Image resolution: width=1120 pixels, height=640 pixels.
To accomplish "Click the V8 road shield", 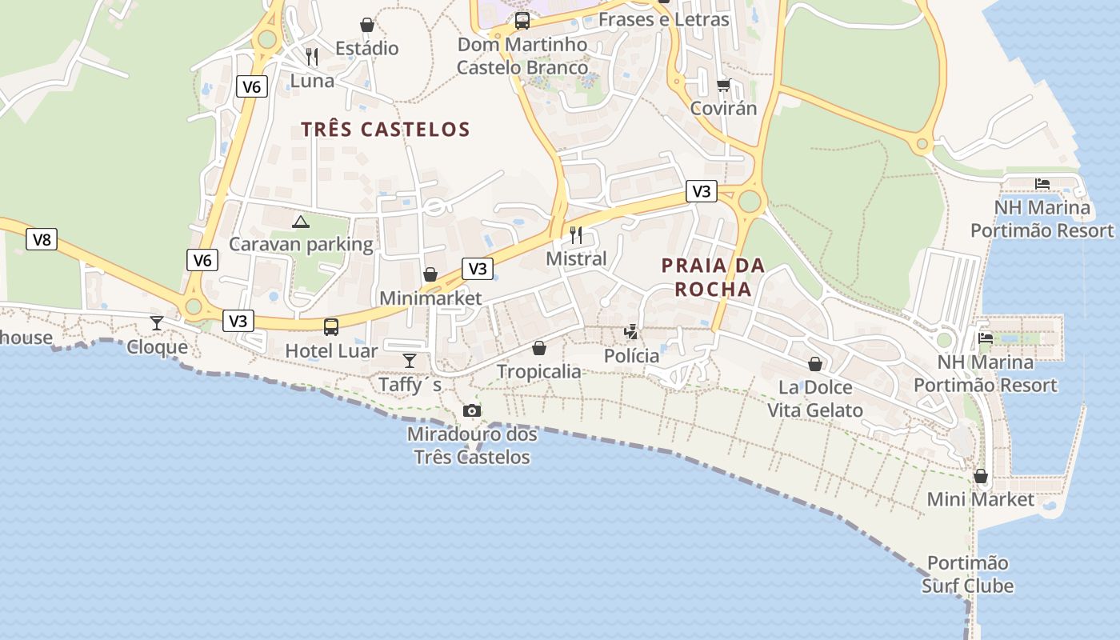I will (x=42, y=239).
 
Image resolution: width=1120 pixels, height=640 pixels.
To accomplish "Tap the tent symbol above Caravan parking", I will (x=301, y=222).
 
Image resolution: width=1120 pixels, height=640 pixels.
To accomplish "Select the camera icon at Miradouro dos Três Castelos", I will (x=472, y=411).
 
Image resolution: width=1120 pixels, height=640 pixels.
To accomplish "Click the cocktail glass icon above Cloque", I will (x=157, y=322).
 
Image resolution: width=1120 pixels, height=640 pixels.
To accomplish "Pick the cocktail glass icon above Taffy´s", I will (x=410, y=361).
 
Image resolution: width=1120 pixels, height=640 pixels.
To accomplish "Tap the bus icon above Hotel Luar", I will (x=330, y=326).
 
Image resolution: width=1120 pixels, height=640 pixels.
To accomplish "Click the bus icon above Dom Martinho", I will (x=522, y=21).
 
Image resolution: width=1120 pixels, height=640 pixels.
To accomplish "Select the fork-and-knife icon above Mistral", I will (x=576, y=235).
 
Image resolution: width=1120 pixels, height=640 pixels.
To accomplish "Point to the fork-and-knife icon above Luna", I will (x=312, y=57).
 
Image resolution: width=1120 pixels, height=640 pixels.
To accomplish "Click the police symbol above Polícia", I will (x=632, y=331).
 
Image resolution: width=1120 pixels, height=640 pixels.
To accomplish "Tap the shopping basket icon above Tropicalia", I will (x=539, y=348).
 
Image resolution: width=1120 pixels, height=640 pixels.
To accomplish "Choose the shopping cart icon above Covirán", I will (x=723, y=85).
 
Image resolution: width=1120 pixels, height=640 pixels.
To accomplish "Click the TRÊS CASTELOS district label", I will (x=385, y=129).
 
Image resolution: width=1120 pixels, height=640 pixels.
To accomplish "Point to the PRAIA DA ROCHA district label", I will (x=713, y=277).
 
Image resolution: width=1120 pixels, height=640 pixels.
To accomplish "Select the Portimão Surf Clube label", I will (x=967, y=574).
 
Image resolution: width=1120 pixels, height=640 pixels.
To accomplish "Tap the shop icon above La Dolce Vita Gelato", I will (x=815, y=364).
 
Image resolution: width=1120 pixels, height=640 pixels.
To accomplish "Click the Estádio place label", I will (x=366, y=48).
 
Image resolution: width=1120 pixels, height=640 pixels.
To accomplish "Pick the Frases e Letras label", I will (x=663, y=19).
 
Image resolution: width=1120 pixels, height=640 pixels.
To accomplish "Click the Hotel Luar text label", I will (x=331, y=350).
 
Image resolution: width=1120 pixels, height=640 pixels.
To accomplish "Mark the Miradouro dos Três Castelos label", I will (x=472, y=446).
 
